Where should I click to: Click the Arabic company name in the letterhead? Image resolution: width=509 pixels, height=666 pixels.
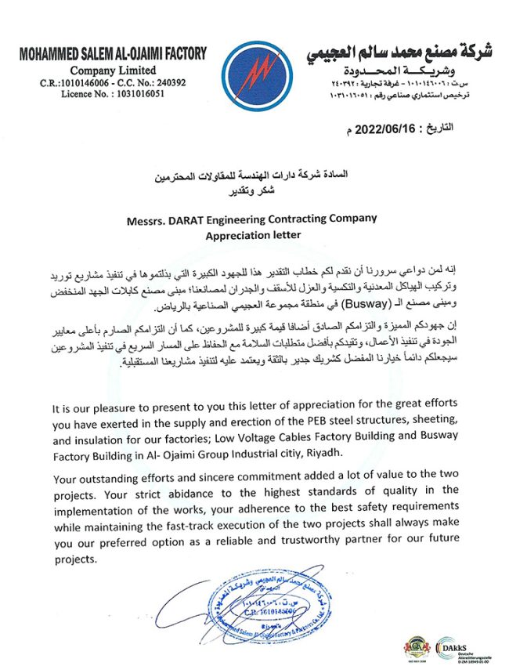[406, 56]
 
